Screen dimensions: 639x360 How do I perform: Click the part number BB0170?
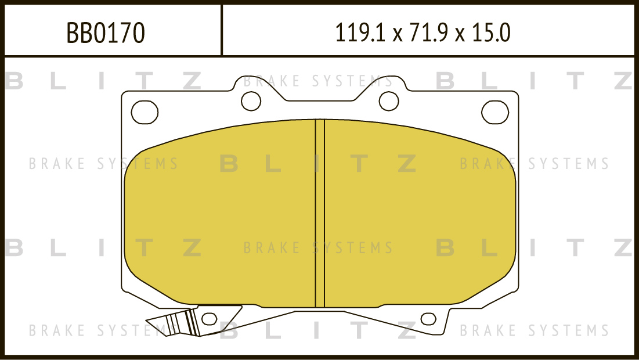106,33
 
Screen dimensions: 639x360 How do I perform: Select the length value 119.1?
360,33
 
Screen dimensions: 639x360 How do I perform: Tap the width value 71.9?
428,33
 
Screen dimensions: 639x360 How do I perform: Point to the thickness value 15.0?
491,33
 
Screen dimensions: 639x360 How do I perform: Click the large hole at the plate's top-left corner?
145,112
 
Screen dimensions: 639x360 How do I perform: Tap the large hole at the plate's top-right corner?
495,112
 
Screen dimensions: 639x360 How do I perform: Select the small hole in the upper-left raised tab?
251,101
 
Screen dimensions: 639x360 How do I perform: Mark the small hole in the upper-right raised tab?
389,101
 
